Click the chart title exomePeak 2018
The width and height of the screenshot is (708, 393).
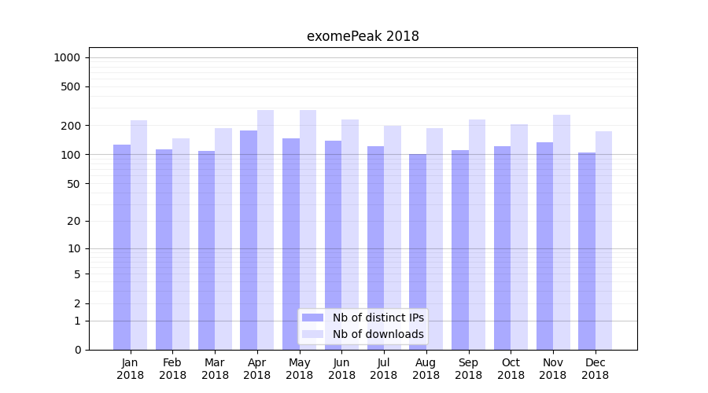coord(363,36)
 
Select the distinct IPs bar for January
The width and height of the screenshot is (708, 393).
coord(122,247)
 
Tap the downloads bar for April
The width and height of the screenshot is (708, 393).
coord(265,230)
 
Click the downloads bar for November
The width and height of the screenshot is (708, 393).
coord(561,232)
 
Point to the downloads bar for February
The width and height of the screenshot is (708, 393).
coord(181,244)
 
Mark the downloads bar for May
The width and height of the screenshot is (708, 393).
coord(308,230)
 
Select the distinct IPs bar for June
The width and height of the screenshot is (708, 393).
coord(333,245)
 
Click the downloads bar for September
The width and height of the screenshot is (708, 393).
coord(477,234)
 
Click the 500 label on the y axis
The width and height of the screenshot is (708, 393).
coord(71,86)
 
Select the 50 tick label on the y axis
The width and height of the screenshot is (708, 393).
coord(73,183)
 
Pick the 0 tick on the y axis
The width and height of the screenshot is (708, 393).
coord(77,350)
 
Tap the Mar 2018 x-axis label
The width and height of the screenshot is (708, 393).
coord(215,369)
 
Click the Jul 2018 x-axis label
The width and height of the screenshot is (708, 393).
coord(384,369)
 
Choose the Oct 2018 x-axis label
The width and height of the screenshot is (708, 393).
coord(511,369)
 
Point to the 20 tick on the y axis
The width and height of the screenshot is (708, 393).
coord(73,221)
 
